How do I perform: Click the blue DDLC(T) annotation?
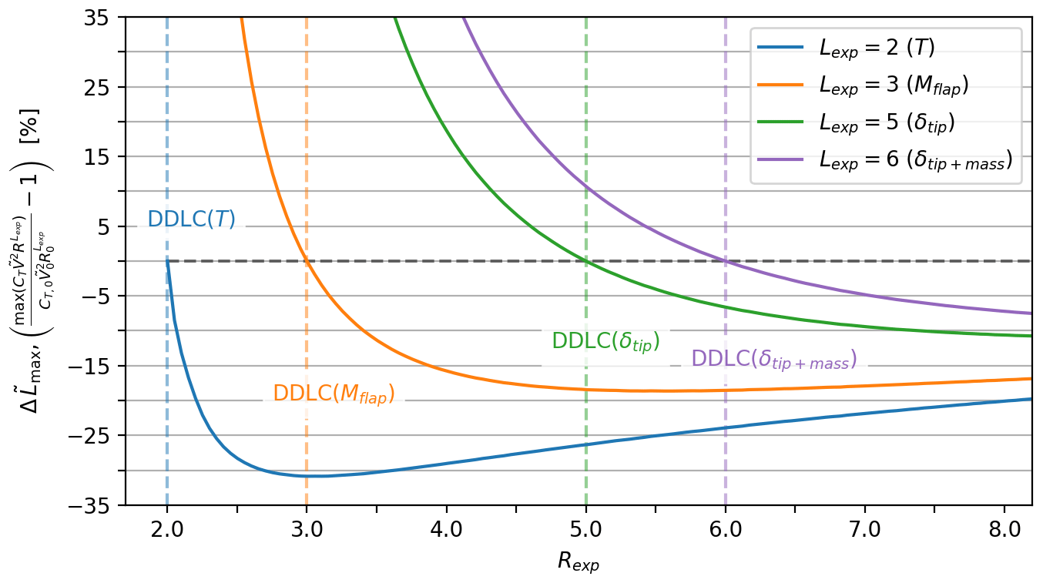pyautogui.click(x=191, y=219)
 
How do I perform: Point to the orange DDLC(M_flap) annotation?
pyautogui.click(x=334, y=394)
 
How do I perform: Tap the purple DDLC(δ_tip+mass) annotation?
pyautogui.click(x=773, y=359)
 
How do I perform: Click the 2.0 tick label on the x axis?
pyautogui.click(x=166, y=530)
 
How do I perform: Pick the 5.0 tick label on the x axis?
pyautogui.click(x=585, y=530)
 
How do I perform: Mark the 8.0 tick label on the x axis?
pyautogui.click(x=1004, y=530)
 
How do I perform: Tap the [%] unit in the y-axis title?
pyautogui.click(x=32, y=127)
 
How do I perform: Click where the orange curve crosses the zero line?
pyautogui.click(x=307, y=261)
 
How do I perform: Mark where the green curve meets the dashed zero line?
pyautogui.click(x=585, y=261)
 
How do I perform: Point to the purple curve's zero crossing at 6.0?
pyautogui.click(x=725, y=261)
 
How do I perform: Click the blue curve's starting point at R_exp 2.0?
pyautogui.click(x=167, y=261)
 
